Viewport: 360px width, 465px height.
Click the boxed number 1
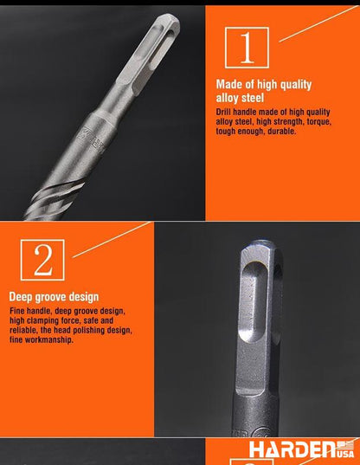coord(247,48)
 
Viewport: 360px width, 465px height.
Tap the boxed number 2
coord(42,260)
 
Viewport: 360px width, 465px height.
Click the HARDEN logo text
coord(294,449)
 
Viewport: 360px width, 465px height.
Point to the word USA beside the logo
coord(346,454)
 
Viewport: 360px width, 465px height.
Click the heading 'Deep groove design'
coord(54,297)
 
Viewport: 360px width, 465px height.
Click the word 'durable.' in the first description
coord(282,131)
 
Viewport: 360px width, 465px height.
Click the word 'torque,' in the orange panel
coord(319,121)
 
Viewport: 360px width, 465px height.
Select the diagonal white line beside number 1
coord(318,23)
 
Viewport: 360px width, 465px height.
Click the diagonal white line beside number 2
coord(112,240)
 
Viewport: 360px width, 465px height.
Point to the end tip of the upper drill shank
coord(172,19)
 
